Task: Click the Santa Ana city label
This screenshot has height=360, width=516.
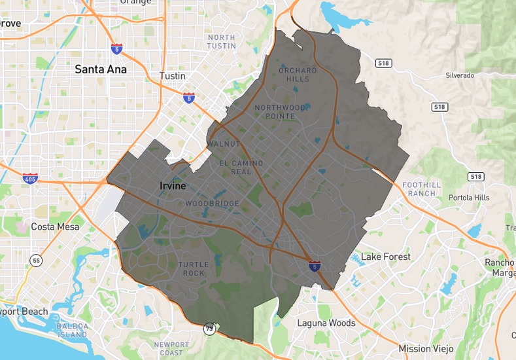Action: pyautogui.click(x=100, y=69)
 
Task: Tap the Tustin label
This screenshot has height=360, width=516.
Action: pyautogui.click(x=173, y=76)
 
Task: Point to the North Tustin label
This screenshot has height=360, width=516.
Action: pyautogui.click(x=221, y=42)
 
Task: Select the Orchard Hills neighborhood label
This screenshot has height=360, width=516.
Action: pyautogui.click(x=298, y=75)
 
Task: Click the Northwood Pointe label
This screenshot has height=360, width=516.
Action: pyautogui.click(x=280, y=111)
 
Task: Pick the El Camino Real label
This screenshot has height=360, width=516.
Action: pyautogui.click(x=241, y=168)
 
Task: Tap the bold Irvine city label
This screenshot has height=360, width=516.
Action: pyautogui.click(x=173, y=186)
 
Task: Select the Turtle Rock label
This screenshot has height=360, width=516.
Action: pyautogui.click(x=194, y=268)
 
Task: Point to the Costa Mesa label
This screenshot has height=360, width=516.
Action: pyautogui.click(x=55, y=226)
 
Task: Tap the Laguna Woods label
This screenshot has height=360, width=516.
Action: pyautogui.click(x=326, y=323)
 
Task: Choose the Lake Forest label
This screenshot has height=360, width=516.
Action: pyautogui.click(x=386, y=257)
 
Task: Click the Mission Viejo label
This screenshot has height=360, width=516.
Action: pyautogui.click(x=426, y=348)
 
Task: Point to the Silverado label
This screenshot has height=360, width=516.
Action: pyautogui.click(x=460, y=75)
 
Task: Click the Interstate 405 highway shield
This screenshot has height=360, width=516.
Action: pyautogui.click(x=30, y=178)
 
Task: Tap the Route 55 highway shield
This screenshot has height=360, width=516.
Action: pyautogui.click(x=35, y=261)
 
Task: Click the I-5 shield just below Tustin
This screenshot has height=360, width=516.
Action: pyautogui.click(x=189, y=98)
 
